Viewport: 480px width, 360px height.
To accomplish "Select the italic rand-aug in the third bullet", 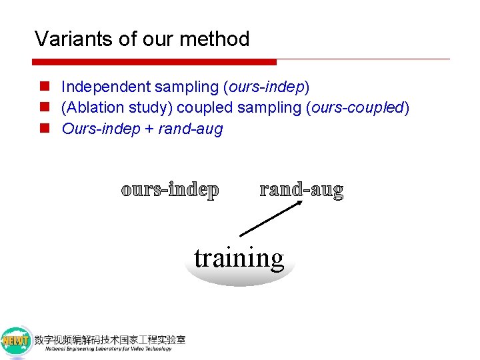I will [191, 129].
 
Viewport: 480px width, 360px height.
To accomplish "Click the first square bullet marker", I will [43, 87].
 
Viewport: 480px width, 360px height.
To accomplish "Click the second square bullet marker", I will [43, 108].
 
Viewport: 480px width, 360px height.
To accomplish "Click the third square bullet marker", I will [43, 129].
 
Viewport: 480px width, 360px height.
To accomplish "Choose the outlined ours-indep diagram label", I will [170, 190].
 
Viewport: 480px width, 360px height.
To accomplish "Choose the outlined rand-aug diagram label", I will [301, 190].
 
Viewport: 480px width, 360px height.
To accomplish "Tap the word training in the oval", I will [239, 257].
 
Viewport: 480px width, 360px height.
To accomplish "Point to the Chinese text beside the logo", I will [111, 339].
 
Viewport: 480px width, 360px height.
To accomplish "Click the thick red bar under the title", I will [153, 62].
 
